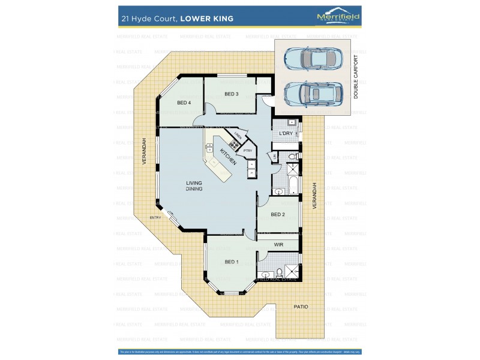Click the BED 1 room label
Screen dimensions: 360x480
[x=231, y=262]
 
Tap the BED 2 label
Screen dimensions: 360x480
[x=277, y=214]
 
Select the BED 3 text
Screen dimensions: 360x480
[x=232, y=94]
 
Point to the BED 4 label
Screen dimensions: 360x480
[x=184, y=103]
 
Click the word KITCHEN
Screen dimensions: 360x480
[x=227, y=157]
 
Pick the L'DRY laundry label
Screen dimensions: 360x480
[x=286, y=134]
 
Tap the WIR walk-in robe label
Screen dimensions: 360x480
[x=278, y=245]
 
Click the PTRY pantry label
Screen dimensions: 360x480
[x=247, y=151]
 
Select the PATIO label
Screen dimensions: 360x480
[x=301, y=307]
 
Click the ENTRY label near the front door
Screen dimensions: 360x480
[x=155, y=218]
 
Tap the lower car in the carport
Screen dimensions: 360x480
[x=313, y=93]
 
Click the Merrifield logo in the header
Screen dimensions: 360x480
[x=338, y=17]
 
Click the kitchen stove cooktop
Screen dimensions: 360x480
[x=234, y=143]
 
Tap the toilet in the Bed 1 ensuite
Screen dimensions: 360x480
[x=280, y=275]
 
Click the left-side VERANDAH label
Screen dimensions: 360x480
[x=144, y=152]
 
